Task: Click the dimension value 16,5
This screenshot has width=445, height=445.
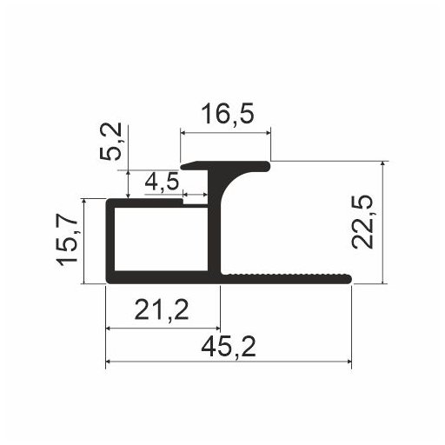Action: (x=225, y=115)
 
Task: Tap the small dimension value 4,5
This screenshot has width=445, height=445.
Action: (x=162, y=183)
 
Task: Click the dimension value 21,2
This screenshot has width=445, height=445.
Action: (x=163, y=309)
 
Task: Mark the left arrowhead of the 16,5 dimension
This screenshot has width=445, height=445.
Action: (x=184, y=133)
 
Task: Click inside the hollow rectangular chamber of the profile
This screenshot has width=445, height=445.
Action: (x=161, y=239)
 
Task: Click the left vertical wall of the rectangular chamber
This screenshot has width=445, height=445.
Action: (x=109, y=239)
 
